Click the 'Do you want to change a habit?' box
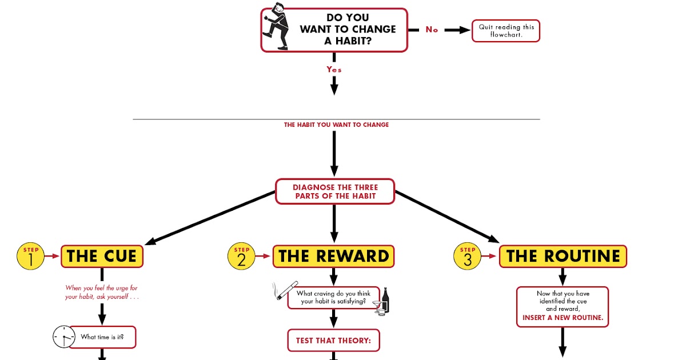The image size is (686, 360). click(x=348, y=30)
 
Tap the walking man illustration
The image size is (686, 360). click(x=276, y=26)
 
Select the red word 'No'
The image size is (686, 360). click(x=432, y=30)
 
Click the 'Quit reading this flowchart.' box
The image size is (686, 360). click(x=506, y=31)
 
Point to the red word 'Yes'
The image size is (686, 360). click(x=334, y=69)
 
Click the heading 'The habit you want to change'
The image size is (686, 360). click(x=336, y=125)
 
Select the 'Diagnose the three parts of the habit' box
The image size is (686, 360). click(x=335, y=191)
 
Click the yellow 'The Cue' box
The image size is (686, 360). click(x=102, y=256)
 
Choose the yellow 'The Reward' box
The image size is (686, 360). click(x=334, y=256)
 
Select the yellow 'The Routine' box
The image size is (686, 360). click(x=563, y=256)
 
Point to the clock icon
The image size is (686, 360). click(x=63, y=337)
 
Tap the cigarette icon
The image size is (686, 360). click(x=285, y=290)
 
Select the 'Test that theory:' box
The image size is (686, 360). click(x=333, y=341)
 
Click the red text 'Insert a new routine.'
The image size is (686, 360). click(x=563, y=318)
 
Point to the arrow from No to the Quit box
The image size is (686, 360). click(x=456, y=30)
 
